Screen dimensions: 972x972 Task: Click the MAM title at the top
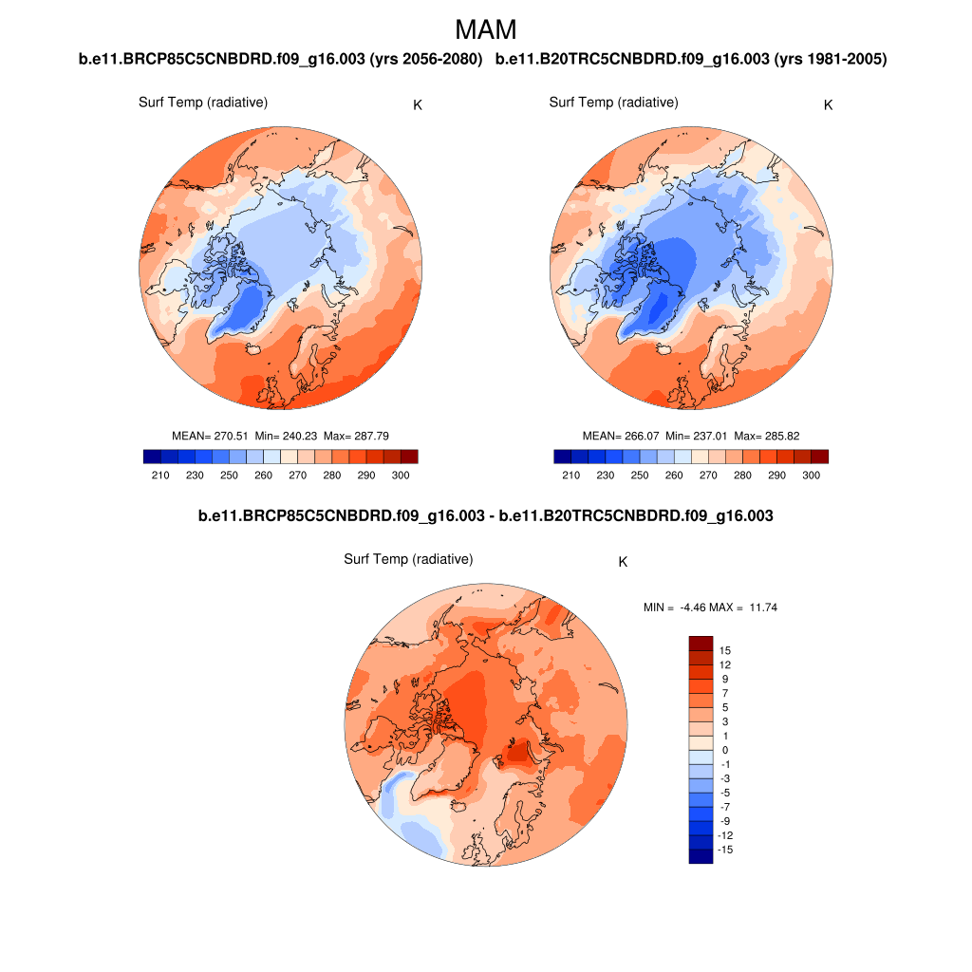click(x=486, y=29)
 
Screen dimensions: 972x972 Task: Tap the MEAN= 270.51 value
click(x=210, y=436)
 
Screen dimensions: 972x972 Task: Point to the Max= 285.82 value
click(x=767, y=436)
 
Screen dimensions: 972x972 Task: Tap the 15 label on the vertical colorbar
click(x=725, y=650)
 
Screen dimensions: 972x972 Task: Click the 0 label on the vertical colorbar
click(x=725, y=750)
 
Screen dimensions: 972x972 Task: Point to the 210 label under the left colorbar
click(x=160, y=476)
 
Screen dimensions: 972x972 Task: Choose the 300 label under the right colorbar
click(x=811, y=476)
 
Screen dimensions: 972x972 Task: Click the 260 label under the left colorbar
click(x=263, y=476)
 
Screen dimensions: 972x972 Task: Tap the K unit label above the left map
click(x=418, y=104)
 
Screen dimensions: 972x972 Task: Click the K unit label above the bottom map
click(x=623, y=562)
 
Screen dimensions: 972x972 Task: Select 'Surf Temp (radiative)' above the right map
click(x=613, y=103)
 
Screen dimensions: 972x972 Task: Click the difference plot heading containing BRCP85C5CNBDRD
click(x=485, y=516)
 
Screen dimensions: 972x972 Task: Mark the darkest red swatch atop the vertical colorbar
click(x=701, y=643)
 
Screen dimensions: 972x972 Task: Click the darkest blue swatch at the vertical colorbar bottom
click(x=701, y=856)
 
